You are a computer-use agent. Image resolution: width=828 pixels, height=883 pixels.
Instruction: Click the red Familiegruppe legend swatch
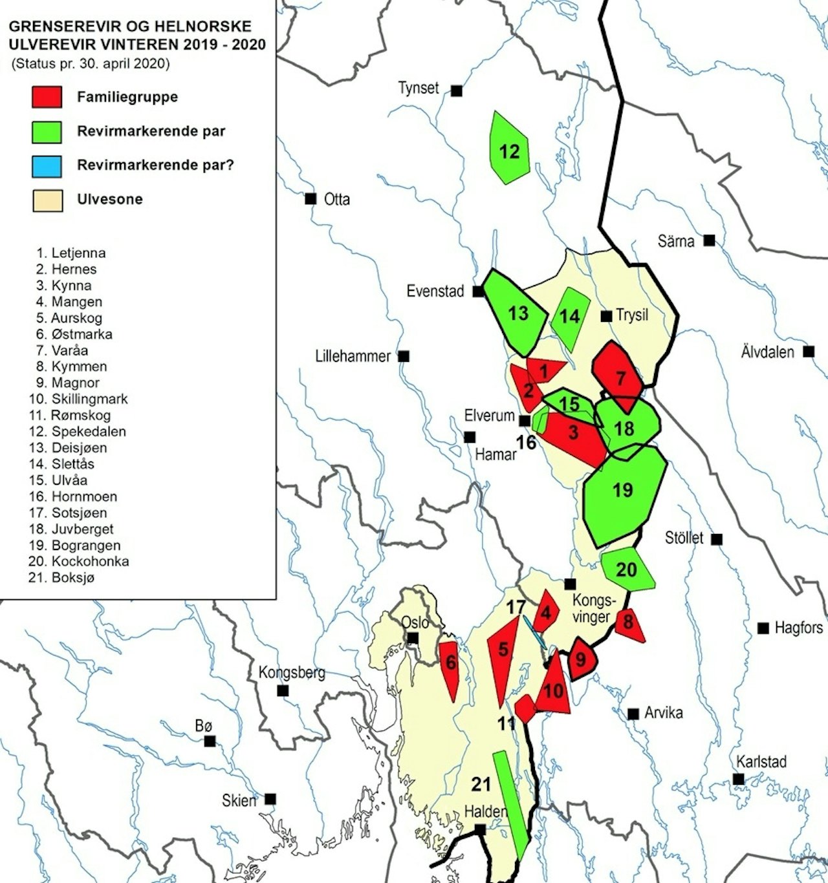pyautogui.click(x=47, y=97)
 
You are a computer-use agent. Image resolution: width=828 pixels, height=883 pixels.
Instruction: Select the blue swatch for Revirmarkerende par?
pyautogui.click(x=47, y=165)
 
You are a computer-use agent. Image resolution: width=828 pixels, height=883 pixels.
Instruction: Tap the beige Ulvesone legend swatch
pyautogui.click(x=47, y=200)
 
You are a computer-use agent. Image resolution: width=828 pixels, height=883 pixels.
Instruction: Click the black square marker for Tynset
pyautogui.click(x=457, y=91)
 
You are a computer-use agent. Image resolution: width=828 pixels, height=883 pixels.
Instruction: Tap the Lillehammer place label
pyautogui.click(x=353, y=356)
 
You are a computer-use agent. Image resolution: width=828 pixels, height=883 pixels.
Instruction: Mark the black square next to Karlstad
pyautogui.click(x=739, y=780)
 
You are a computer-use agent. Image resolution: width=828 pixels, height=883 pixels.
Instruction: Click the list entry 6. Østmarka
pyautogui.click(x=74, y=334)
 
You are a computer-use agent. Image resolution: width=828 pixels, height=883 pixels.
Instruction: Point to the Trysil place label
pyautogui.click(x=632, y=315)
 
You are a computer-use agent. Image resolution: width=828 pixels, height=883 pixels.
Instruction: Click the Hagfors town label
pyautogui.click(x=798, y=628)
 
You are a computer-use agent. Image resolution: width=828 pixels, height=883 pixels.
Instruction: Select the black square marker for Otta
pyautogui.click(x=311, y=198)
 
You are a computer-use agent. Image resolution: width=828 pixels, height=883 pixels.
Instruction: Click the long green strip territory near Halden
pyautogui.click(x=511, y=805)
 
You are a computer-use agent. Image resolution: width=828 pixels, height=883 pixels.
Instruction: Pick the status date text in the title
pyautogui.click(x=91, y=64)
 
